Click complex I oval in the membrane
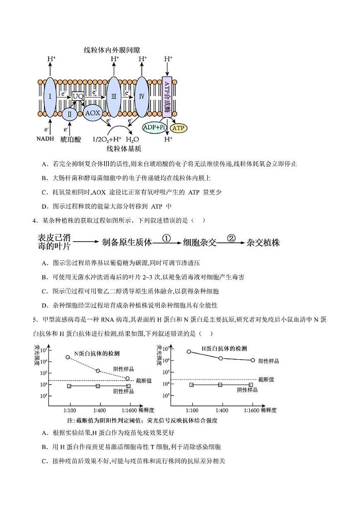(50, 97)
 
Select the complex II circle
(70, 114)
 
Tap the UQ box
(78, 96)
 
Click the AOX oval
(92, 112)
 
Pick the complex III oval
(114, 97)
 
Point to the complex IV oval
(141, 96)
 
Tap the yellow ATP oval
(179, 128)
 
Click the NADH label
(45, 139)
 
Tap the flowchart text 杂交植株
(263, 243)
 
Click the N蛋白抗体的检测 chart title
(97, 353)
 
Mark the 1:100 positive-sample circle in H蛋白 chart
(189, 351)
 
